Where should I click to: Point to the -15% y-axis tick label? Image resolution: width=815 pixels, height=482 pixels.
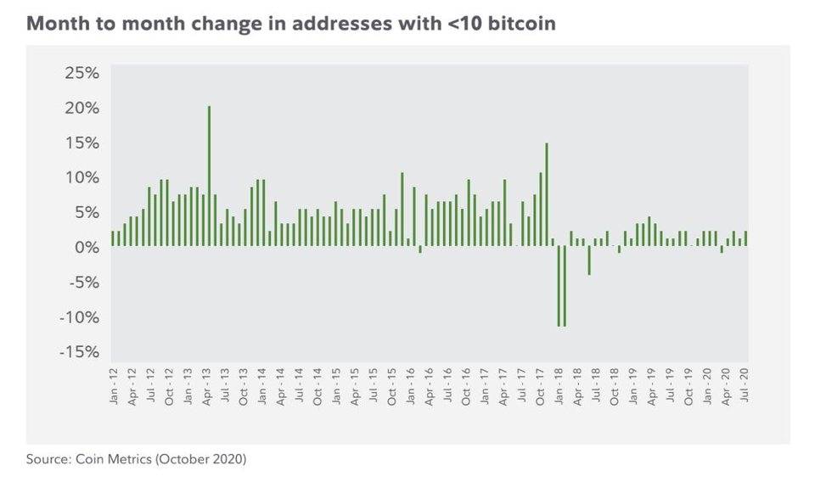(80, 352)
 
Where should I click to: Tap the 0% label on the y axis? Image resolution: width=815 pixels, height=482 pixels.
(87, 248)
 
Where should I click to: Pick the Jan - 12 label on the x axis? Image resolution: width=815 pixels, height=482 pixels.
(114, 385)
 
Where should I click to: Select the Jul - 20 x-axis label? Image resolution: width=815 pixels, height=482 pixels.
(745, 385)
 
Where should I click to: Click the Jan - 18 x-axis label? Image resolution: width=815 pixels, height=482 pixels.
(559, 385)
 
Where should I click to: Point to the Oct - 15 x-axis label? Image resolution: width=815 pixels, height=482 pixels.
(391, 385)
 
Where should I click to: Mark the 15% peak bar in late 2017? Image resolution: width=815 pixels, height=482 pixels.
(547, 194)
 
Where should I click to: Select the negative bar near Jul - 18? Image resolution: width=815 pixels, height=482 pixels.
(589, 261)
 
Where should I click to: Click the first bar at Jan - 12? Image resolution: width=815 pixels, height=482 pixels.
(113, 238)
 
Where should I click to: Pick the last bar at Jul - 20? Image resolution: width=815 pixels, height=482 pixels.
(745, 238)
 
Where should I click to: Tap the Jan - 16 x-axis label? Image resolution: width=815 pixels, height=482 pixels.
(410, 385)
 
